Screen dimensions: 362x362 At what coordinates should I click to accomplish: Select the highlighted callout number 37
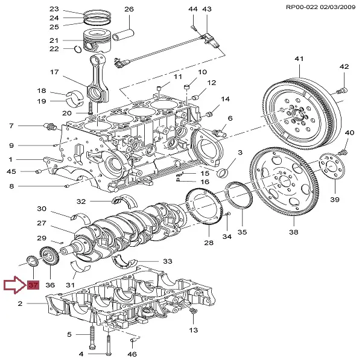(32, 285)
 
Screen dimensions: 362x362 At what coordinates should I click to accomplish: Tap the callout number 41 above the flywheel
(298, 59)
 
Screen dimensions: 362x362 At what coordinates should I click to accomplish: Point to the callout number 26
(129, 9)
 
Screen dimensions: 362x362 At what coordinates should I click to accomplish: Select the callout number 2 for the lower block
(20, 305)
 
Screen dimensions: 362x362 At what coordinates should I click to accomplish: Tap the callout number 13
(193, 330)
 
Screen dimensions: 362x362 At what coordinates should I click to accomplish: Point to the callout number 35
(241, 232)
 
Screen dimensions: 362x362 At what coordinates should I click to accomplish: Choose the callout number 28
(209, 243)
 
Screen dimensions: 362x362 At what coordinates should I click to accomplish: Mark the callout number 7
(11, 125)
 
